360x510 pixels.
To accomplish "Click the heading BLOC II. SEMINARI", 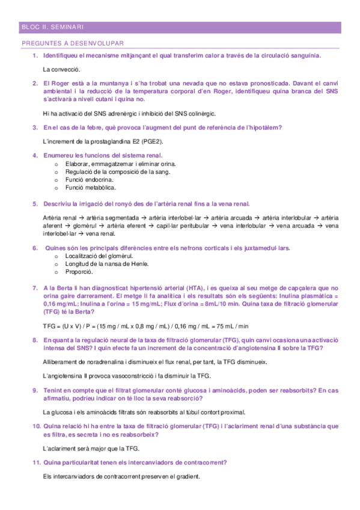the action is [52, 27].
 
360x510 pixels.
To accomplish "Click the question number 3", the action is [35, 127].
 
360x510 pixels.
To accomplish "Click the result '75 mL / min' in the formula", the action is [231, 326].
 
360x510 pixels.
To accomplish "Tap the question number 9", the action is [35, 390].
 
